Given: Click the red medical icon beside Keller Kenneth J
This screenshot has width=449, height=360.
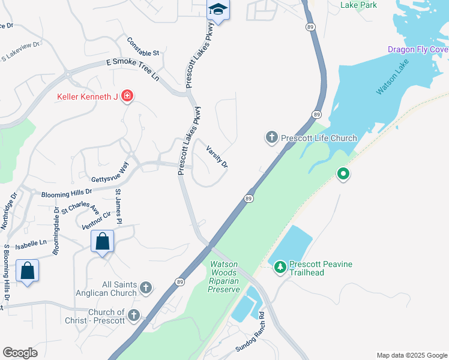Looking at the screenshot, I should click(x=127, y=95).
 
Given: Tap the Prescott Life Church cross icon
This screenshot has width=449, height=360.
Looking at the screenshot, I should click(x=271, y=138).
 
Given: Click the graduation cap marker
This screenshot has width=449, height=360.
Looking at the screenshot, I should click(x=218, y=10).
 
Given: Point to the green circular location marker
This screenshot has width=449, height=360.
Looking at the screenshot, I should click(x=343, y=175).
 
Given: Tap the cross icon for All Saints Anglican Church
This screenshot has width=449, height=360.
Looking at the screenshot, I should click(x=145, y=289).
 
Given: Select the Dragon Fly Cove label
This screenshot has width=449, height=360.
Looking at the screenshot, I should click(x=418, y=50).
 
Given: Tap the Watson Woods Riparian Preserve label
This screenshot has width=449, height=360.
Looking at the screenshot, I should click(x=224, y=277).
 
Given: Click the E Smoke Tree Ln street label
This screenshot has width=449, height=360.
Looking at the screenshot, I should click(x=133, y=69).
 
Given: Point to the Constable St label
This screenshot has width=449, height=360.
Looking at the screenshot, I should click(x=143, y=47).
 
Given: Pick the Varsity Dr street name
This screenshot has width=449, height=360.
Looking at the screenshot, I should click(x=217, y=157).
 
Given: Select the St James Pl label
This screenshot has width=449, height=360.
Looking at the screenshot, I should click(x=119, y=206).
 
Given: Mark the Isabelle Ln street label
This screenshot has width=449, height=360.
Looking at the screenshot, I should click(x=34, y=243).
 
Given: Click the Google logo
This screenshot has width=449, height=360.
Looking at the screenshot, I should click(x=20, y=353).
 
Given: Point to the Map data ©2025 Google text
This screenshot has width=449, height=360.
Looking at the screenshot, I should click(x=411, y=355).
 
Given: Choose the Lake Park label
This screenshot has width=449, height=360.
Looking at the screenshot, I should click(x=358, y=5).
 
